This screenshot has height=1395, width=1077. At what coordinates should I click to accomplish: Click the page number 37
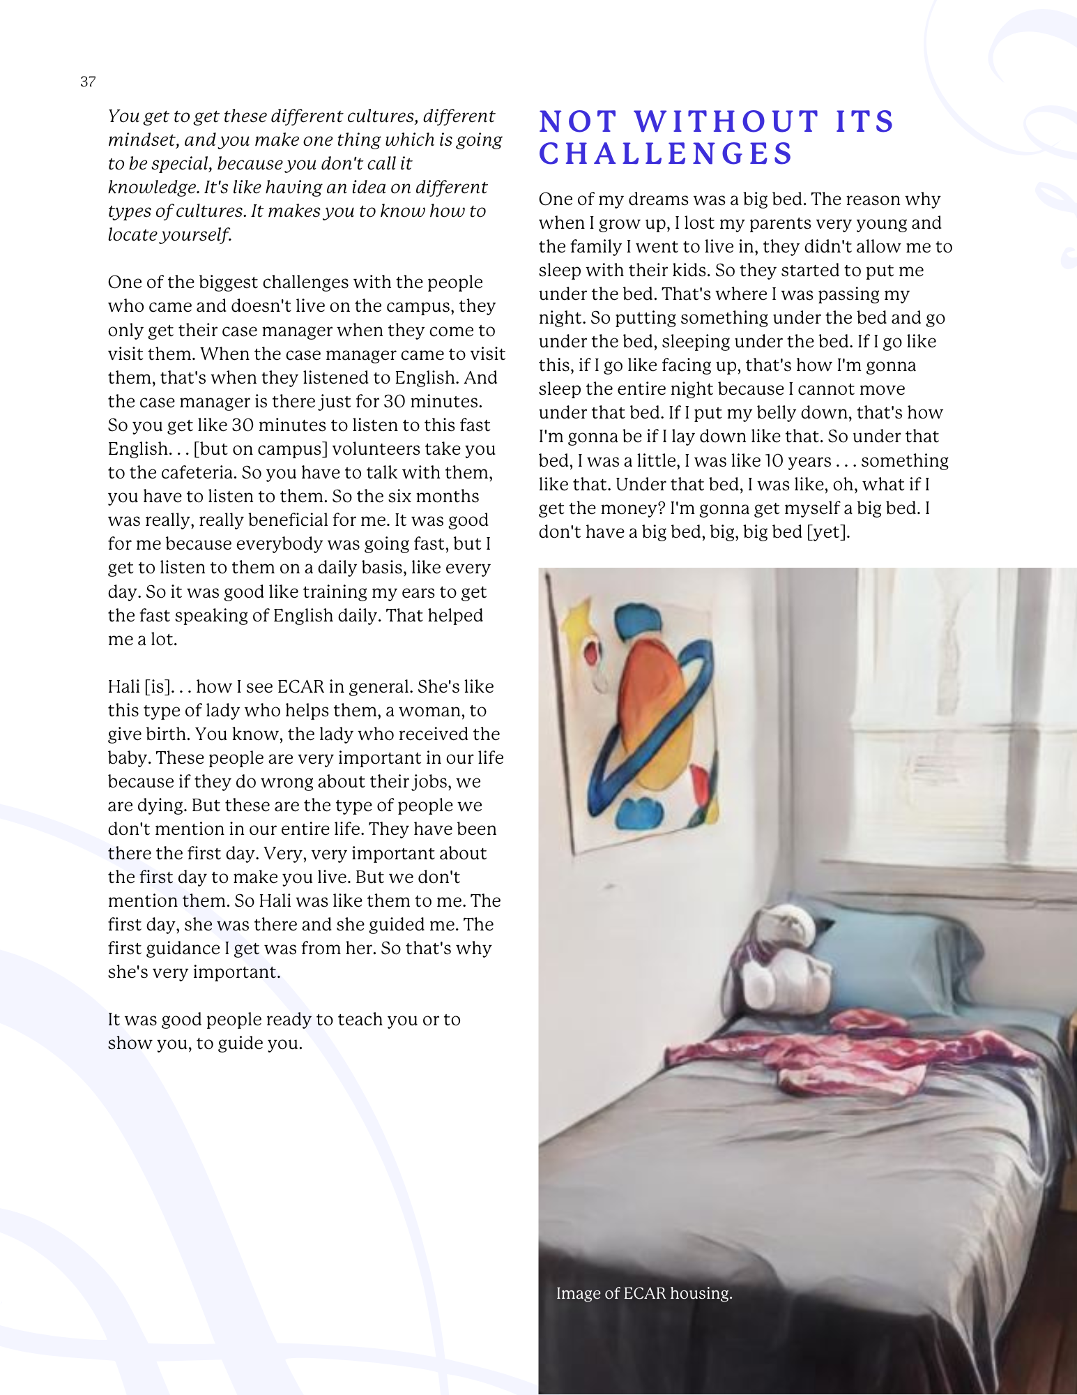click(x=88, y=82)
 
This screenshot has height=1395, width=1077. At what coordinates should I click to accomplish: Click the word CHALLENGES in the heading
click(x=666, y=153)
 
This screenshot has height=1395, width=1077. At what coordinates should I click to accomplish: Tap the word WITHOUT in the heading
click(x=726, y=121)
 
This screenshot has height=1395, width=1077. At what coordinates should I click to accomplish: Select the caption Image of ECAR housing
click(x=644, y=1293)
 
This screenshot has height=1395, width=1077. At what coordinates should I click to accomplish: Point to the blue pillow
click(x=899, y=956)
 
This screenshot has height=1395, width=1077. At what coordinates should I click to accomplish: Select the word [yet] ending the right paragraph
click(x=828, y=531)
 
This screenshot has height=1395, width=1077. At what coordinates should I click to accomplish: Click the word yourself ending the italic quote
click(x=202, y=234)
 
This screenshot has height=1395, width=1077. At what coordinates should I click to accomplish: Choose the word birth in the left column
click(x=163, y=734)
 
